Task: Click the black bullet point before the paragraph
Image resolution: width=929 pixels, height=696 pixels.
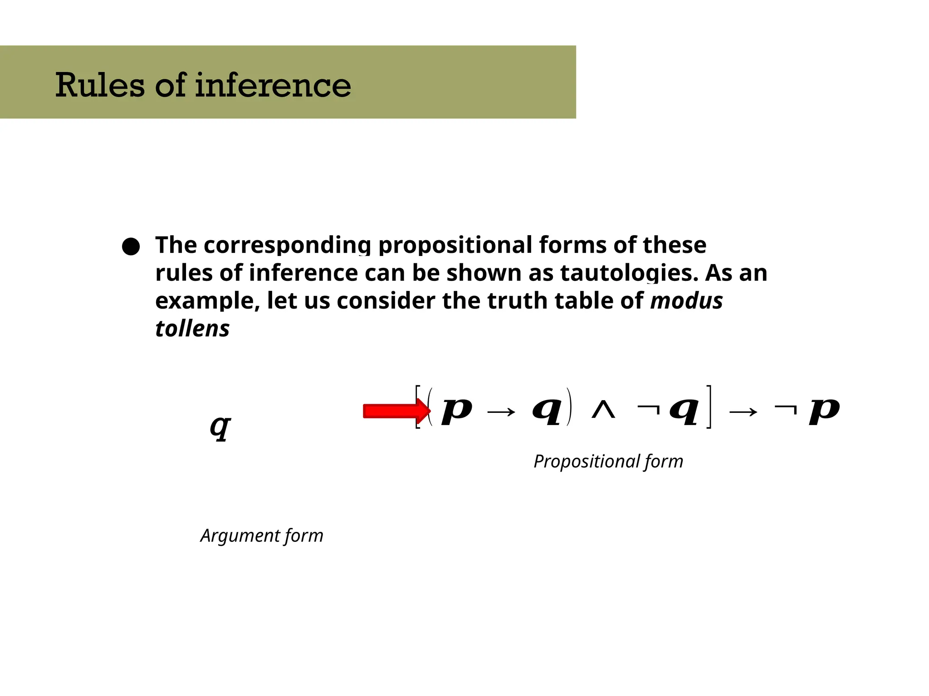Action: pyautogui.click(x=131, y=246)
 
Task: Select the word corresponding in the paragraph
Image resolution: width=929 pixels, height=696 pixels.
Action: pyautogui.click(x=286, y=246)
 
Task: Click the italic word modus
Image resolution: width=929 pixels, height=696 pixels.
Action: pyautogui.click(x=686, y=301)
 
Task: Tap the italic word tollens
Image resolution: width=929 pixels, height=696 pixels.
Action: pyautogui.click(x=192, y=329)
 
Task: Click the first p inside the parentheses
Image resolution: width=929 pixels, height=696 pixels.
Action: pyautogui.click(x=457, y=411)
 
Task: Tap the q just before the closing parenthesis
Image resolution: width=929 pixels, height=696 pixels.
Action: pyautogui.click(x=548, y=411)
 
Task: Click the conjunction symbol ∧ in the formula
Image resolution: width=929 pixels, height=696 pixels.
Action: pyautogui.click(x=604, y=411)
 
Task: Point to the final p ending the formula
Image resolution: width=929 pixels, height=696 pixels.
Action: pyautogui.click(x=824, y=411)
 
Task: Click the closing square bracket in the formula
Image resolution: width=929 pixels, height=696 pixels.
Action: pyautogui.click(x=709, y=406)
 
